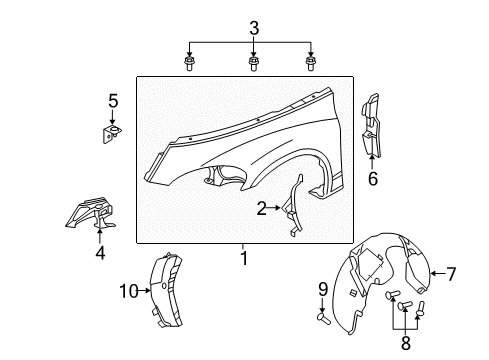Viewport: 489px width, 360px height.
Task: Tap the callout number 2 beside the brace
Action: point(261,208)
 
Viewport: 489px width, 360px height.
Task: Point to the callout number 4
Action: point(99,253)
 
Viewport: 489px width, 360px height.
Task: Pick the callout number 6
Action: point(374,181)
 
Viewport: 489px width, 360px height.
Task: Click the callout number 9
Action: point(322,290)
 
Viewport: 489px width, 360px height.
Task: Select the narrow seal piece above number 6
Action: point(371,125)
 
